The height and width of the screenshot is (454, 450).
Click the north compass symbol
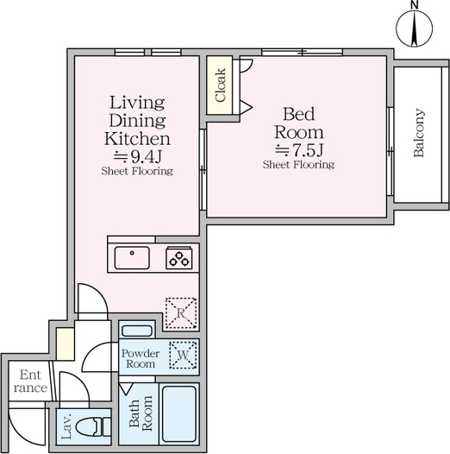pos(414,27)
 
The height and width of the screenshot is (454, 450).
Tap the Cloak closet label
pos(221,85)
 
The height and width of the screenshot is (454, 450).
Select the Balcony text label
pos(419,133)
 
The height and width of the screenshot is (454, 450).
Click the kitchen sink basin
pos(132,258)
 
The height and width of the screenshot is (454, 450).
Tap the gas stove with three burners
pos(179,258)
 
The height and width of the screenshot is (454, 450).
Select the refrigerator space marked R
pos(181,313)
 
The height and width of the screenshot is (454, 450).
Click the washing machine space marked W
pos(183,356)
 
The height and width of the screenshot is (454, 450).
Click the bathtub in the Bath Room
pos(179,413)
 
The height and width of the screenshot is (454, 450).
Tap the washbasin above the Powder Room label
pos(137,331)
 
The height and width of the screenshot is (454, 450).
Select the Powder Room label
pos(141,358)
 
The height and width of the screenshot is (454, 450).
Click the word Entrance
pos(30,381)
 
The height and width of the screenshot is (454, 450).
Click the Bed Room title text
pos(299,123)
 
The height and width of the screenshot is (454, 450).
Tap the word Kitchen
pos(137,139)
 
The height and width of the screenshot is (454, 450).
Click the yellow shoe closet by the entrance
pos(65,344)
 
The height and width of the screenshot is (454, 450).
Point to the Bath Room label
pos(141,413)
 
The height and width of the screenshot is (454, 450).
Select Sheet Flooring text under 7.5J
pos(299,165)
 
